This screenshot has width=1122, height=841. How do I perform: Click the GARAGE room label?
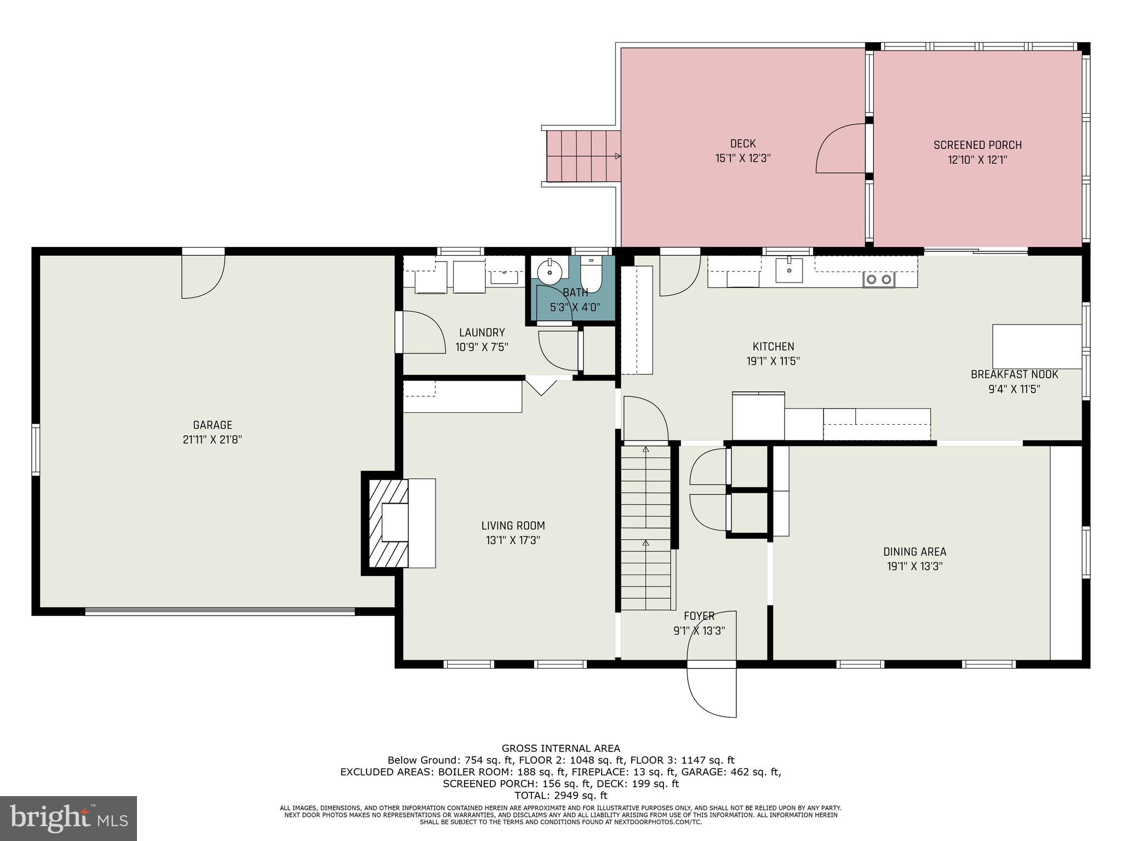coord(213,425)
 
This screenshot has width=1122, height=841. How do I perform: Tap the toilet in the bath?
coord(592,275)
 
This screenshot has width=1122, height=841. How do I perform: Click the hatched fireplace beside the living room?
coord(388,523)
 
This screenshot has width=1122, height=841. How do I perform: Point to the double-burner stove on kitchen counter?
coord(879,280)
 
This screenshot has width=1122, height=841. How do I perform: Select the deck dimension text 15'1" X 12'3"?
coord(743,159)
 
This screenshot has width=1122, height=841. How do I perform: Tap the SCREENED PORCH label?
coord(978,145)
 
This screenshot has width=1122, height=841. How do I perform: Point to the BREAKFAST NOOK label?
coord(1014,375)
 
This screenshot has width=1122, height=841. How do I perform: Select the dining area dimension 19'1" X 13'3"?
coord(914,566)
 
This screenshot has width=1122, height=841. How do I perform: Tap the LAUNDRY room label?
coord(482,332)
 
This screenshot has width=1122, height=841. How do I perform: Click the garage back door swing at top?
coord(203,277)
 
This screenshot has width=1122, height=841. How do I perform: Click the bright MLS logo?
coord(68,818)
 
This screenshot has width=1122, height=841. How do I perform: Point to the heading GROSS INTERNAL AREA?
coord(561,748)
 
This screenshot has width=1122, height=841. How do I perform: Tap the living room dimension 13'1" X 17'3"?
coord(513,540)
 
